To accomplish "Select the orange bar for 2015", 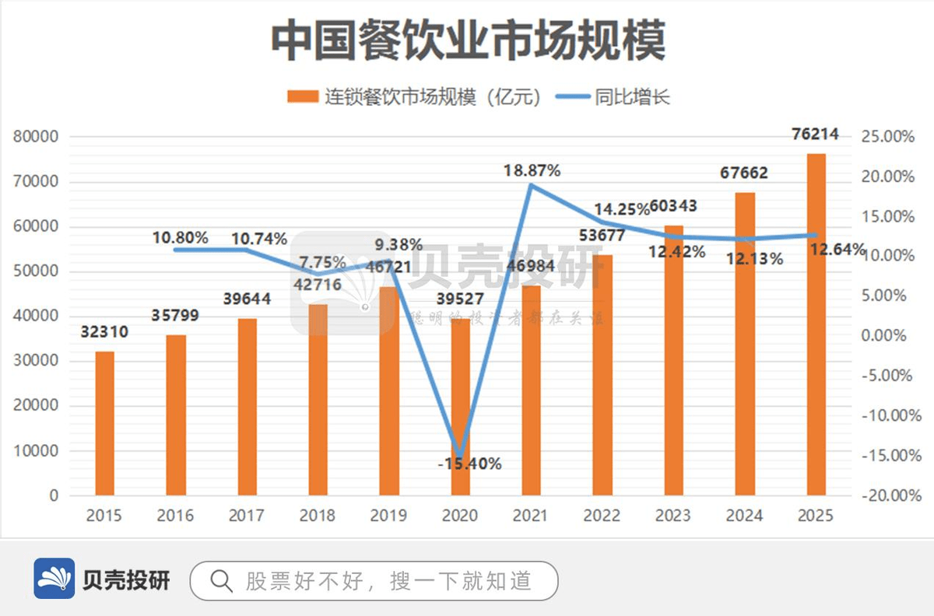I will [x=104, y=423].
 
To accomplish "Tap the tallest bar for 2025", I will [x=816, y=324].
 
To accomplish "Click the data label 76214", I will [x=816, y=134].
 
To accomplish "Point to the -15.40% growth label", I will [x=469, y=464].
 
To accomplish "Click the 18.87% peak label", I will [x=532, y=170].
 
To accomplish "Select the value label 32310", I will [x=104, y=332].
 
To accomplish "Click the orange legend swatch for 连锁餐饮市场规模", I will [x=302, y=97].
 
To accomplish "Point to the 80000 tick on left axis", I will [x=36, y=137].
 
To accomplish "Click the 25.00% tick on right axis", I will [x=887, y=137].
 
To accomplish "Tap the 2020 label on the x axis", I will [x=460, y=516].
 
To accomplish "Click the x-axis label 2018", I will [x=318, y=516].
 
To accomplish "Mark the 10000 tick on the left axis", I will [x=36, y=451].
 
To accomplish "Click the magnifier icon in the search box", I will [x=221, y=580].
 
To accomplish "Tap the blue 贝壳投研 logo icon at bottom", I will [x=54, y=579].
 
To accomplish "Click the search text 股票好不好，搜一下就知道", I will [x=389, y=580].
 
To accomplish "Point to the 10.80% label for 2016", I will [x=180, y=237].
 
